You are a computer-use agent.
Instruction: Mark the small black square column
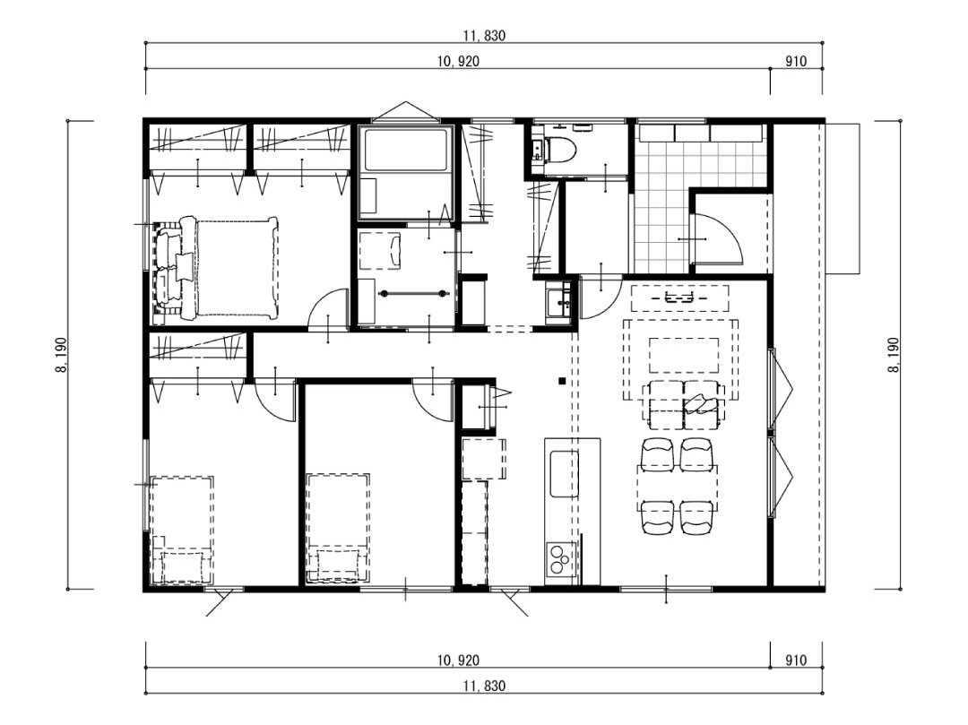pyautogui.click(x=561, y=381)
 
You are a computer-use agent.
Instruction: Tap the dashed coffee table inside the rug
pyautogui.click(x=684, y=353)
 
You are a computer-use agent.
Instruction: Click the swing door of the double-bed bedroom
pyautogui.click(x=329, y=309)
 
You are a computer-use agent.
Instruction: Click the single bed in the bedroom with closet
pyautogui.click(x=182, y=530)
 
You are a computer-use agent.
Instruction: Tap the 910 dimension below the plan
pyautogui.click(x=795, y=660)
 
